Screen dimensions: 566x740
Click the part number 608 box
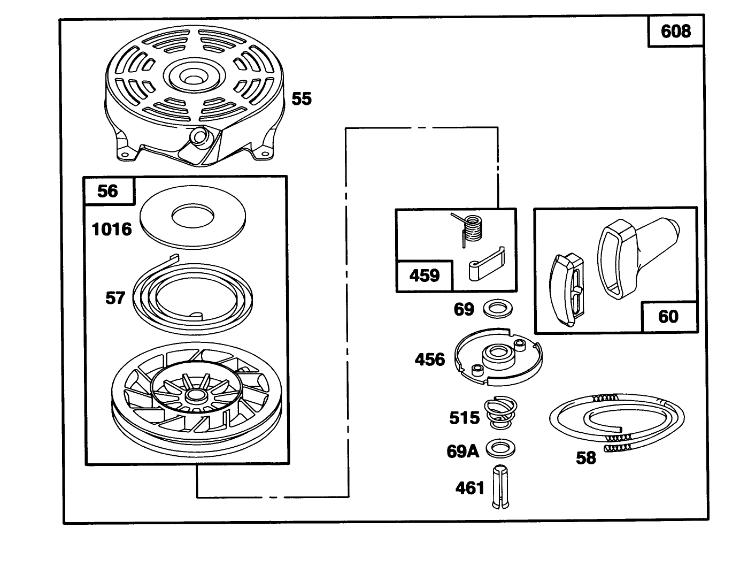(675, 32)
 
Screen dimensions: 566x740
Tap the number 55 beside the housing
(302, 99)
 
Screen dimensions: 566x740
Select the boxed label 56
(109, 191)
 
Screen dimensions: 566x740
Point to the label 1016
(112, 230)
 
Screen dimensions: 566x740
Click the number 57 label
(115, 298)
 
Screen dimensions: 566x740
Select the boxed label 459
(425, 276)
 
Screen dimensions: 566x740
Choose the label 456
(430, 359)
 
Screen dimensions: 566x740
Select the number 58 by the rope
(585, 458)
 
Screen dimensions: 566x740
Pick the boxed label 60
(668, 317)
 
